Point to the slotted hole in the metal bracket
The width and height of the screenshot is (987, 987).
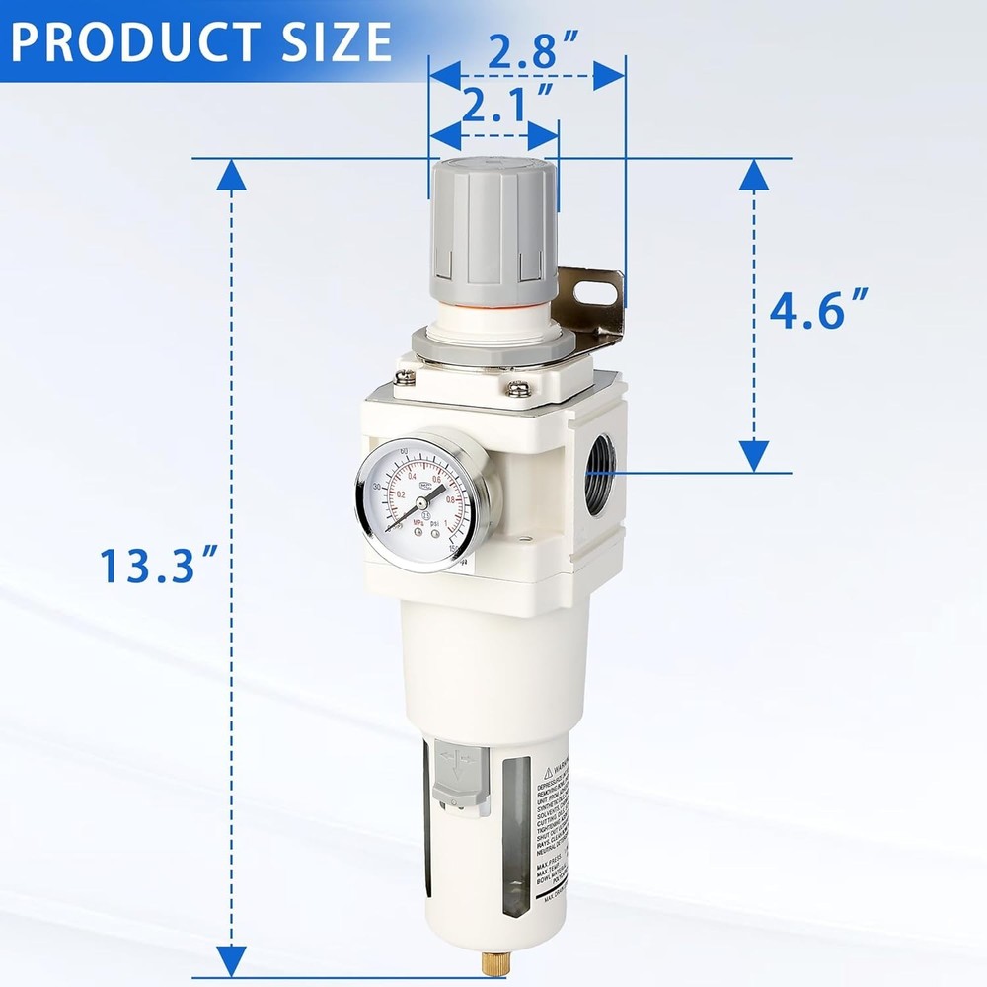599,291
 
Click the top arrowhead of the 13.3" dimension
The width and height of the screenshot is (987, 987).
231,175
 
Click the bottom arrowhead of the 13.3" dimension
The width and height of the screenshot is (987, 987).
231,959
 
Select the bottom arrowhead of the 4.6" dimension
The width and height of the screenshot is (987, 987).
754,456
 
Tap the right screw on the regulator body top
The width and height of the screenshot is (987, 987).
517,388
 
